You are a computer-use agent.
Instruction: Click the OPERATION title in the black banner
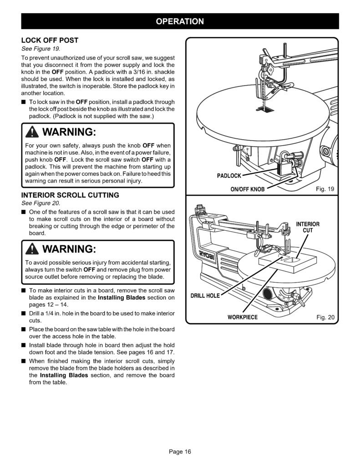pyautogui.click(x=180, y=21)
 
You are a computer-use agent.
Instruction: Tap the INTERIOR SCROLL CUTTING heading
pyautogui.click(x=70, y=195)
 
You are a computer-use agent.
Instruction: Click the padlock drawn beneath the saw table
pyautogui.click(x=284, y=168)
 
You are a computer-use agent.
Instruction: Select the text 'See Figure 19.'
pyautogui.click(x=41, y=49)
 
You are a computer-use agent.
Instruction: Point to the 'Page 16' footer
pyautogui.click(x=180, y=451)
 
